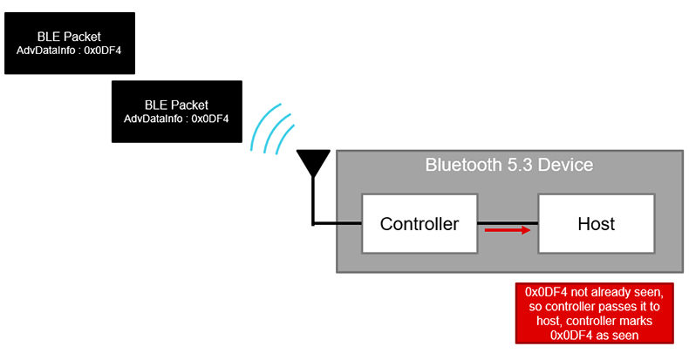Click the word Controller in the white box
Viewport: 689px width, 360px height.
point(419,224)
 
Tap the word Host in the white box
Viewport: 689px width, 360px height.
point(596,224)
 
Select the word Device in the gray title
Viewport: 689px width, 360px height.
point(566,165)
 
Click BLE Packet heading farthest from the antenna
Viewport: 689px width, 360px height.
point(69,36)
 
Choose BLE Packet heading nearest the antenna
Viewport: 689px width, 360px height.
point(176,105)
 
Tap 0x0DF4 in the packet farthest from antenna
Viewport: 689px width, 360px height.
point(102,50)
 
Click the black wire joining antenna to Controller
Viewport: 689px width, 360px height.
point(336,224)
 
